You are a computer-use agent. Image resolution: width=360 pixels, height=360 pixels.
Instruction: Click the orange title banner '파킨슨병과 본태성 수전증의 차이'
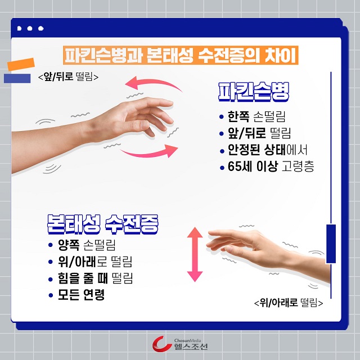181,55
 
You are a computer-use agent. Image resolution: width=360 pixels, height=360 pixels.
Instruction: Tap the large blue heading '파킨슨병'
254,92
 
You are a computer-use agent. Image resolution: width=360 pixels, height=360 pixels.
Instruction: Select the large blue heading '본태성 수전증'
102,224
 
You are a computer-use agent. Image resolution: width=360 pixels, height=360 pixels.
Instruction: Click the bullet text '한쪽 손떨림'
256,116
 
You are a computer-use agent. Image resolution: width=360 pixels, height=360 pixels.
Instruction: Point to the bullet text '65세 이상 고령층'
271,166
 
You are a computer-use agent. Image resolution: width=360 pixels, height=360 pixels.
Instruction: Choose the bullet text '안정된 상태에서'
267,150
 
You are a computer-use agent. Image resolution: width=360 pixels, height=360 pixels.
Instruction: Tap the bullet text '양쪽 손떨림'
87,245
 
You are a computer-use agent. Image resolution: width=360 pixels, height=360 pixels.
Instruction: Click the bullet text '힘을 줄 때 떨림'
95,278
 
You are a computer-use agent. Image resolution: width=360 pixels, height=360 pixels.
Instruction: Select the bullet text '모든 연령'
81,295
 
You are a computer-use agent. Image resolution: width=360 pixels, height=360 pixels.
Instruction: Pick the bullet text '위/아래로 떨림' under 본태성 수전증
95,262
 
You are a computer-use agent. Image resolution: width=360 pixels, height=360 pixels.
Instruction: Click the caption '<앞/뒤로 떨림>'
69,76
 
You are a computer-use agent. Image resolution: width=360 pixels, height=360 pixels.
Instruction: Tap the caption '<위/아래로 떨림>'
289,303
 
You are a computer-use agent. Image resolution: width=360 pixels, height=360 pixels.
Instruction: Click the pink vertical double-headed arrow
195,254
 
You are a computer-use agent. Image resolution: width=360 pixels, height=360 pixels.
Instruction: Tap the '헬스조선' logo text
191,346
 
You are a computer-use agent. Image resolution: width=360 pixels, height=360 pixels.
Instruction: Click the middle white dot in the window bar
30,28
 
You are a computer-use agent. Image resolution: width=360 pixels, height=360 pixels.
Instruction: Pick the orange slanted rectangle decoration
21,64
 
